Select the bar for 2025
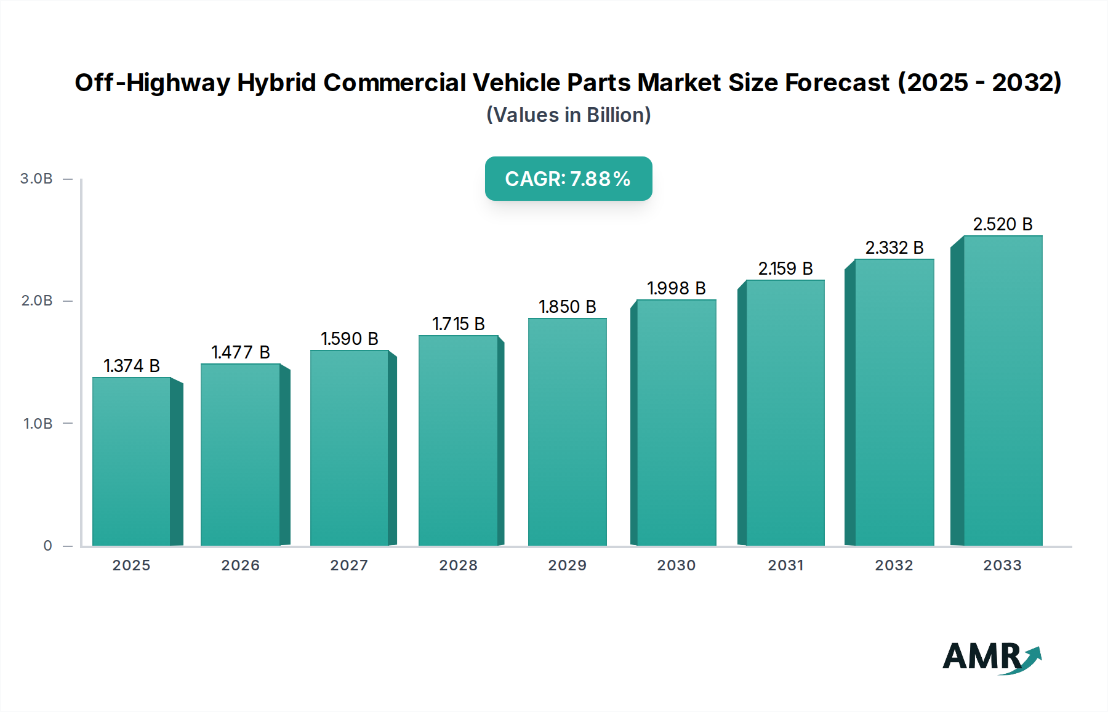tap(132, 462)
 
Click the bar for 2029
tap(567, 431)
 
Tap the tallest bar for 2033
tap(1002, 391)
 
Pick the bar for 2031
tap(785, 413)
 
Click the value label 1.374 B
tap(132, 366)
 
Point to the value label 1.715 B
tap(459, 324)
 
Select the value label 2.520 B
tap(1002, 224)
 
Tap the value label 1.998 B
tap(676, 288)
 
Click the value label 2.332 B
tap(894, 248)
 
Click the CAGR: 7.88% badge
tap(568, 179)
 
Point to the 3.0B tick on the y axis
tap(36, 179)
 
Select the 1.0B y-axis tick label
tap(38, 424)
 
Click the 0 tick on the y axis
tap(47, 546)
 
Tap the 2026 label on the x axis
tap(240, 565)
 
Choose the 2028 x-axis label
tap(458, 565)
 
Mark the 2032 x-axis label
tap(894, 565)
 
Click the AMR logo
tap(991, 658)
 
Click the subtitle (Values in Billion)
tap(568, 115)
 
